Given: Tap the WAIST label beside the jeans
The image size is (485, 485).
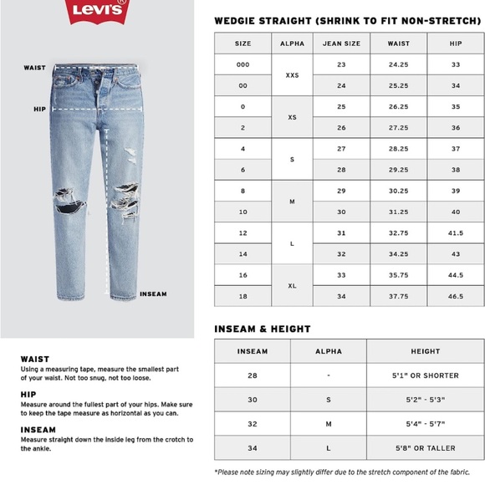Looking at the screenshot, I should tap(35, 68).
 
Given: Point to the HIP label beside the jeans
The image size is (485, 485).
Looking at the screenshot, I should tap(39, 109).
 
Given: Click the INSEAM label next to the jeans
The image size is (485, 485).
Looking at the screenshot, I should tap(153, 294).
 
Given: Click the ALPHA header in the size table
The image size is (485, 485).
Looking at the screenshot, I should tap(292, 43).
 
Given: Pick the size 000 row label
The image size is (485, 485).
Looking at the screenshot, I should tap(242, 64).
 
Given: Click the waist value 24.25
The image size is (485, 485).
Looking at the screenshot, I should tap(398, 64).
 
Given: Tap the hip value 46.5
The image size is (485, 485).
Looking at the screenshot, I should tap(455, 296).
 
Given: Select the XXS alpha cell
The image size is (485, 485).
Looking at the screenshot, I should tap(292, 75).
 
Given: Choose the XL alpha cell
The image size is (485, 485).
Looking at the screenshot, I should tap(292, 285).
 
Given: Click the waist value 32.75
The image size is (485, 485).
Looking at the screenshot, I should tap(398, 232).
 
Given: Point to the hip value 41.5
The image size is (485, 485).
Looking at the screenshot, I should tap(455, 232).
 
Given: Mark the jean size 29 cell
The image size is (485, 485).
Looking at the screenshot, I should tap(341, 191).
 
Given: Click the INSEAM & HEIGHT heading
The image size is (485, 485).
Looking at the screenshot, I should tap(262, 329).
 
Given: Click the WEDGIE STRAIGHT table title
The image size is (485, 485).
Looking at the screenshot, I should tap(344, 18).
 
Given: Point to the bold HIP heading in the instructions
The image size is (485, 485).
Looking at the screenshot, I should tap(28, 394).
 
